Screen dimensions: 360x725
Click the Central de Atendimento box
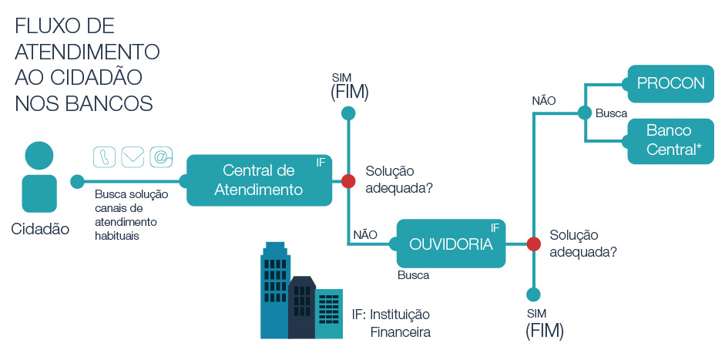pyautogui.click(x=259, y=180)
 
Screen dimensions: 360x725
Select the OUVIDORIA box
pyautogui.click(x=451, y=244)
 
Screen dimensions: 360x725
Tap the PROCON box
pyautogui.click(x=671, y=83)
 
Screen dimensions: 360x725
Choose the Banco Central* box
pyautogui.click(x=671, y=140)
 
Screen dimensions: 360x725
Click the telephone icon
pyautogui.click(x=104, y=156)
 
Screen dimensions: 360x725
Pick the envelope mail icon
pyautogui.click(x=133, y=156)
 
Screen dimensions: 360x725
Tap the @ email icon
pyautogui.click(x=161, y=156)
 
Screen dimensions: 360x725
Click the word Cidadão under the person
pyautogui.click(x=40, y=229)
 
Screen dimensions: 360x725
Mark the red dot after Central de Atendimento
pyautogui.click(x=348, y=181)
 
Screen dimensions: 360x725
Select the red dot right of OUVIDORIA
pyautogui.click(x=533, y=244)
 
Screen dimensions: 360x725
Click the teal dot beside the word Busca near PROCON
pyautogui.click(x=585, y=113)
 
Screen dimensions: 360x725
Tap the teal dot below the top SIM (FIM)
pyautogui.click(x=348, y=113)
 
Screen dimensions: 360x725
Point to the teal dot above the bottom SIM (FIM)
pyautogui.click(x=533, y=294)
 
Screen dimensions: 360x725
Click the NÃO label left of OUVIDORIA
pyautogui.click(x=364, y=234)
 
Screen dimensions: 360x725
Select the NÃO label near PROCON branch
pyautogui.click(x=544, y=100)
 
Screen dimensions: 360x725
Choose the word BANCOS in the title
pyautogui.click(x=111, y=103)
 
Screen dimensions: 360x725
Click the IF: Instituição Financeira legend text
pyautogui.click(x=391, y=324)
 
